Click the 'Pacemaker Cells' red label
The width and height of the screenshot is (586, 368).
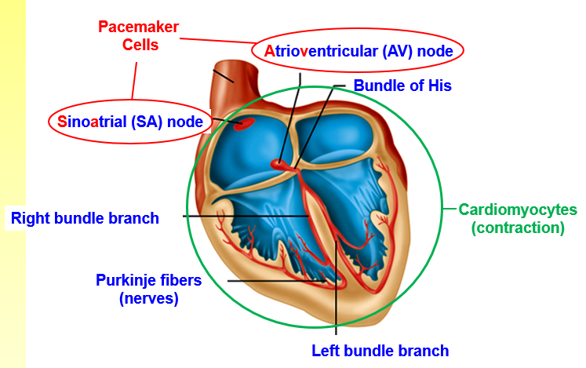coord(139,36)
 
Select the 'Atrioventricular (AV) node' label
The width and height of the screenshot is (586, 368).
coord(358,51)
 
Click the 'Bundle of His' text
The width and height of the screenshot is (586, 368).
coord(402,86)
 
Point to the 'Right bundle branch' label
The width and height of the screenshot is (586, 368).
coord(85,218)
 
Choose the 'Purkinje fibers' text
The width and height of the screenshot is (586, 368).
coord(149,280)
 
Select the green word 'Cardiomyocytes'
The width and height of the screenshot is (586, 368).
coord(518,210)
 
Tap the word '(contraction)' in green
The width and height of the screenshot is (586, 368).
coord(518,228)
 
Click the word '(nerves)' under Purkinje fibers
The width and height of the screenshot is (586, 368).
coord(149,298)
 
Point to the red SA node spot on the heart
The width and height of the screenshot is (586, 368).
coord(244,122)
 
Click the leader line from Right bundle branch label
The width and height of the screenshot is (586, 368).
coord(243,216)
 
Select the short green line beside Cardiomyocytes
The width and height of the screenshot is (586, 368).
coord(450,210)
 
